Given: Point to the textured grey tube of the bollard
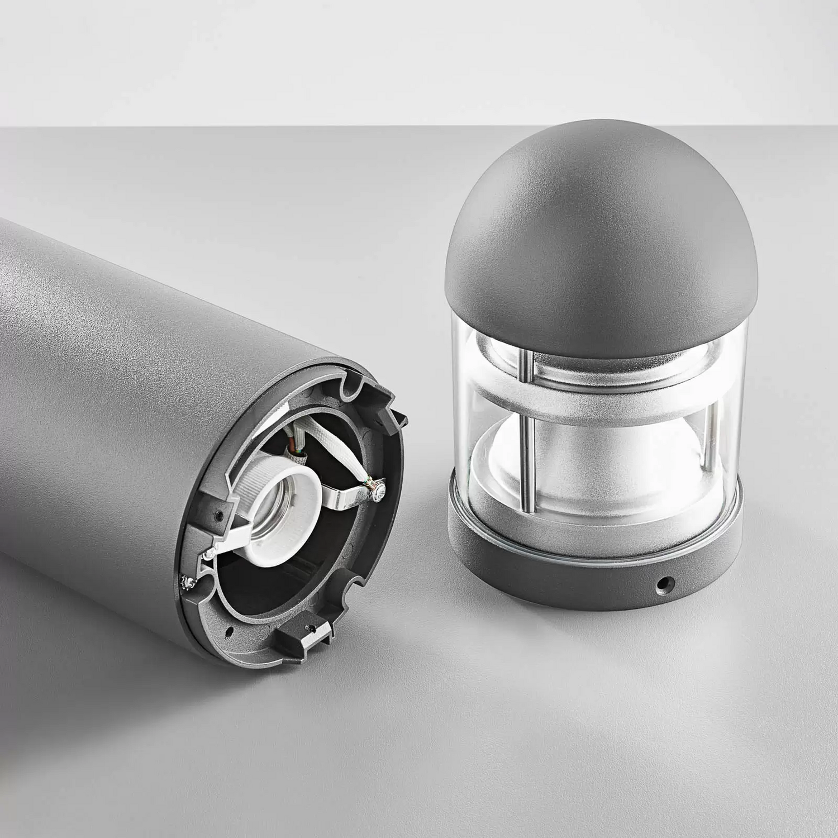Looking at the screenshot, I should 112,391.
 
